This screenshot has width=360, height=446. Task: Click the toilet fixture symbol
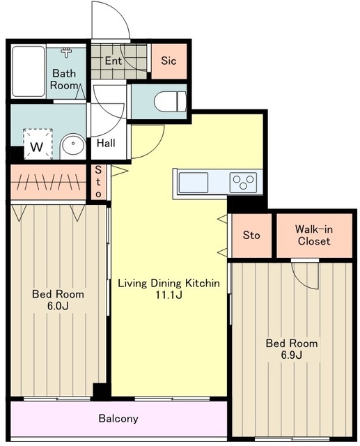(x=170, y=102)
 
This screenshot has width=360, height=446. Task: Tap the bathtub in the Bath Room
(x=28, y=71)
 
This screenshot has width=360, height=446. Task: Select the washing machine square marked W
(x=38, y=144)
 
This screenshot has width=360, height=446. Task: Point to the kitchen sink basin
(x=193, y=182)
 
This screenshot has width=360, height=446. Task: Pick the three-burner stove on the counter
(x=243, y=183)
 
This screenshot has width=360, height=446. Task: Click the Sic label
(x=169, y=61)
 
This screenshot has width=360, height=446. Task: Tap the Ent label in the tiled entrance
(x=113, y=61)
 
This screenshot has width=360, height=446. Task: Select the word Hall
(x=106, y=143)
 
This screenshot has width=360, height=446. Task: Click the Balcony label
(x=118, y=418)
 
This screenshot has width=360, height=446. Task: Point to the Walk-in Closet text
(x=314, y=236)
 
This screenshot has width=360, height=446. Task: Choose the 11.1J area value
(x=169, y=295)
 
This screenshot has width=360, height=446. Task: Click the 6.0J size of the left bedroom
(x=58, y=306)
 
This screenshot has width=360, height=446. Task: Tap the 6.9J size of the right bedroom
(x=292, y=355)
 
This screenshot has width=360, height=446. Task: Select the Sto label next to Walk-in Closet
(x=251, y=236)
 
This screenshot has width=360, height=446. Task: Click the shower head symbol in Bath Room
(x=66, y=53)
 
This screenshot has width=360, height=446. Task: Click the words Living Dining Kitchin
(x=169, y=284)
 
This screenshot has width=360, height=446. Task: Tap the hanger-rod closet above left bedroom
(x=48, y=182)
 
